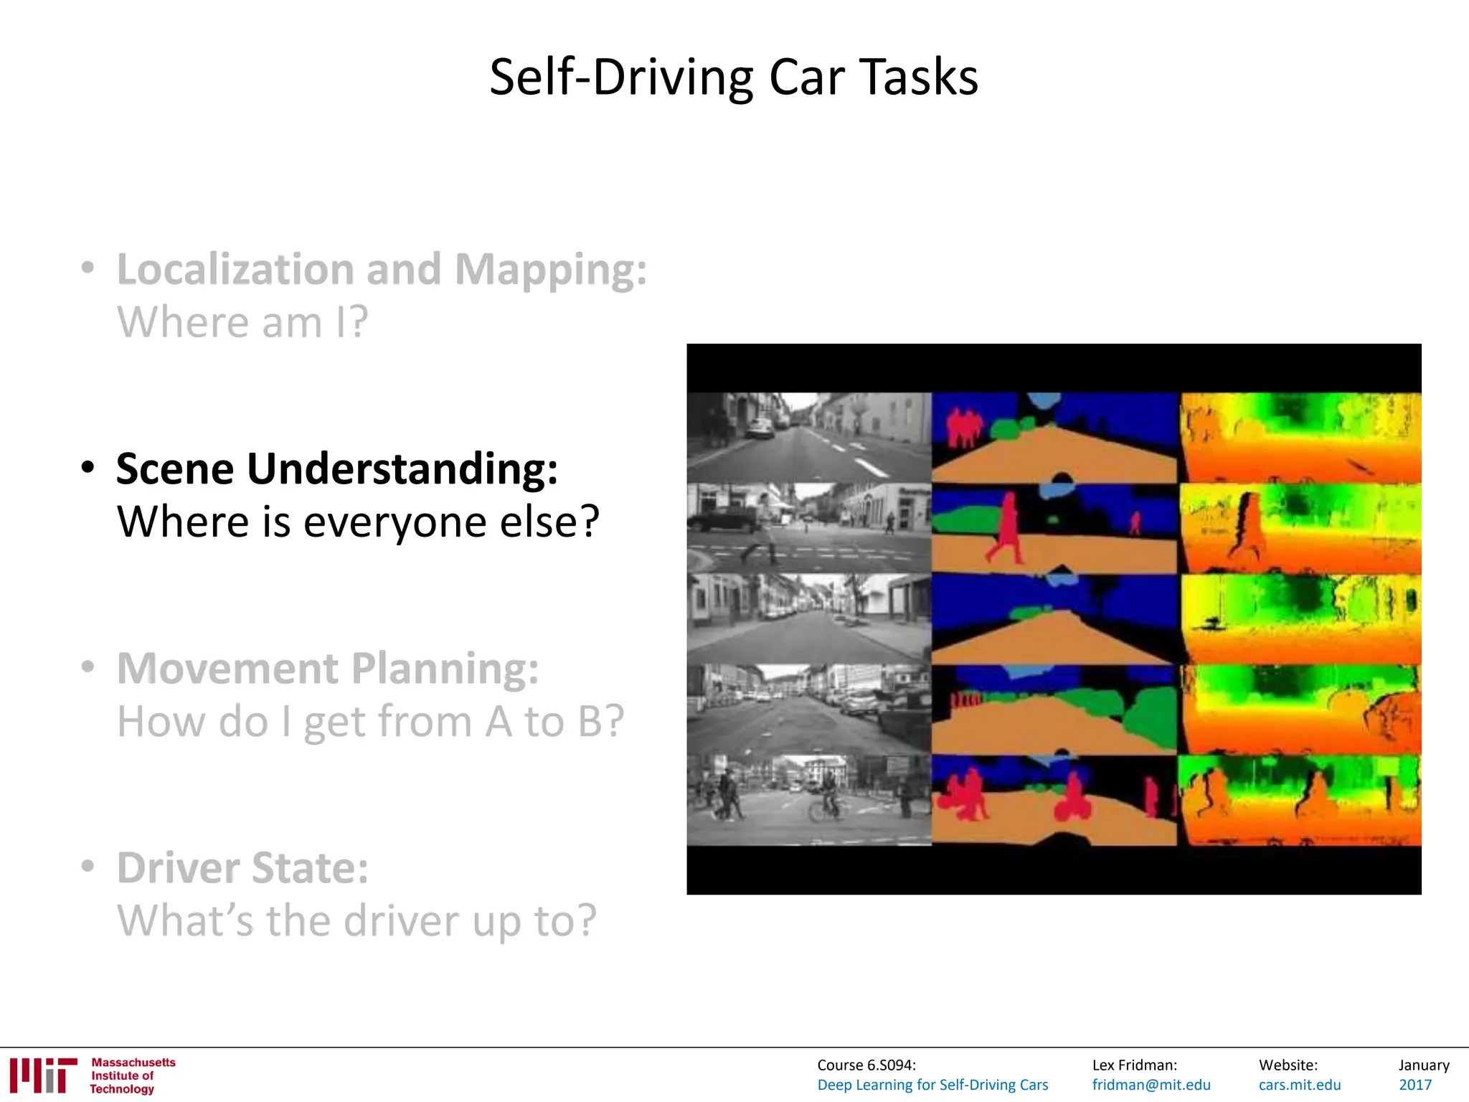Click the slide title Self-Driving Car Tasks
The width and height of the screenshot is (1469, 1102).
click(733, 77)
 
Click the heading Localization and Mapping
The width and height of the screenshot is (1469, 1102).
click(382, 270)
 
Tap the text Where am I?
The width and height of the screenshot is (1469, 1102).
click(242, 322)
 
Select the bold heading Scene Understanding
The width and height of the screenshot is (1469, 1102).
click(337, 469)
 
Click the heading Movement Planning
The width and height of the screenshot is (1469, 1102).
click(328, 669)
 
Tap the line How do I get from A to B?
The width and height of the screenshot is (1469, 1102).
click(370, 721)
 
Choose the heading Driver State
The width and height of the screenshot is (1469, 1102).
click(242, 868)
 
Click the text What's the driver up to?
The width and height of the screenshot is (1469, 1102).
click(356, 920)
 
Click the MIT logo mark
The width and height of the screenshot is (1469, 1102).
click(43, 1075)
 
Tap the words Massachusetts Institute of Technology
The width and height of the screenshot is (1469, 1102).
click(133, 1075)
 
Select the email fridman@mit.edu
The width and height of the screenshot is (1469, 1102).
click(1151, 1085)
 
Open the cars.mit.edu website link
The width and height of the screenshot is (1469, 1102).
click(1299, 1085)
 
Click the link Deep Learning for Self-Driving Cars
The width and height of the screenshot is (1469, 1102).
click(932, 1085)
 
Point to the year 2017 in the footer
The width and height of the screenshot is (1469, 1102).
click(1414, 1085)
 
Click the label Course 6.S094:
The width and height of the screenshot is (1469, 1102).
click(866, 1065)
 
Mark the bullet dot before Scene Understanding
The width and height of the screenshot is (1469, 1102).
click(88, 468)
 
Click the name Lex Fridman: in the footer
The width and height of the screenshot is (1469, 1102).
click(1134, 1065)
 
